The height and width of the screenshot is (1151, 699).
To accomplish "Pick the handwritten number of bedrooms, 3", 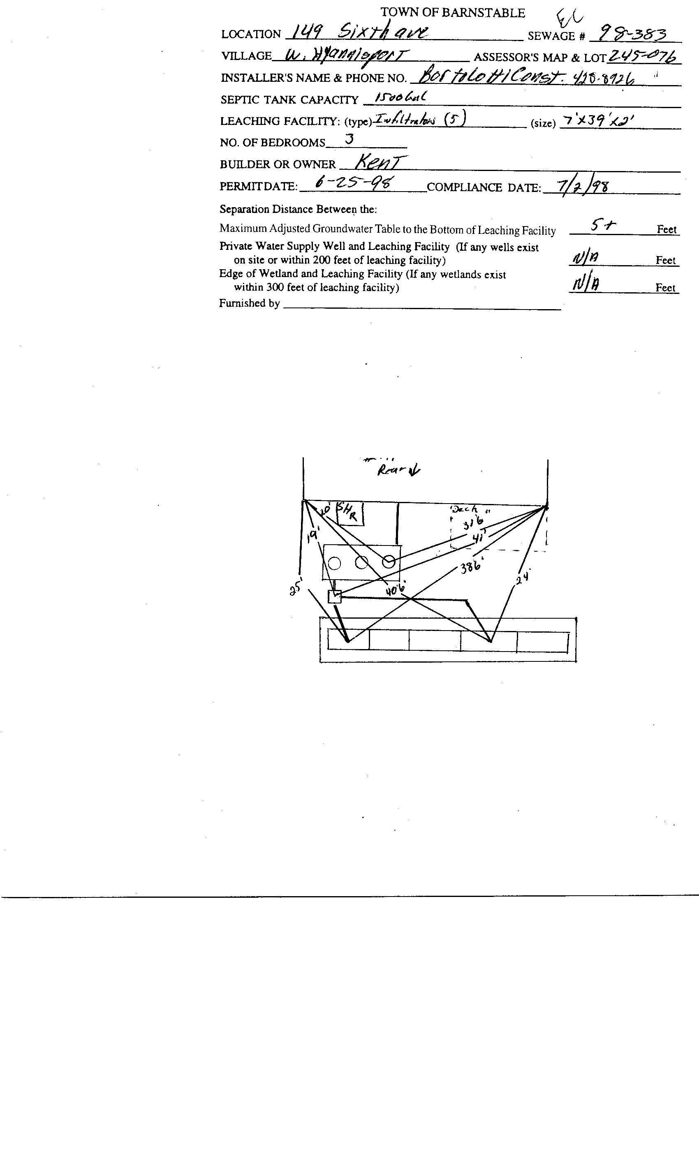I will point(349,139).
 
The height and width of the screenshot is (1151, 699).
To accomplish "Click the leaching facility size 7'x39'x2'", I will point(598,121).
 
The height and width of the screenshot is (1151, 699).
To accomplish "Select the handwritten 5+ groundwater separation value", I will point(603,226).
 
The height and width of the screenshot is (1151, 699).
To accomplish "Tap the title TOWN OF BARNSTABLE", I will point(452,13).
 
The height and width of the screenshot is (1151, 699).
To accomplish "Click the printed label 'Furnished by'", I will point(249,303).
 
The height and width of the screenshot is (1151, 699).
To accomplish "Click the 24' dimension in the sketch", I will point(522,578).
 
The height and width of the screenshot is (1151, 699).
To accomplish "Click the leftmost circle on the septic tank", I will point(335,563).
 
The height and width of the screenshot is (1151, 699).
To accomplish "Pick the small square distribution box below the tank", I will point(335,596).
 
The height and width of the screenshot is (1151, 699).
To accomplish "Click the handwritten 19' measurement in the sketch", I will point(312,535).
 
